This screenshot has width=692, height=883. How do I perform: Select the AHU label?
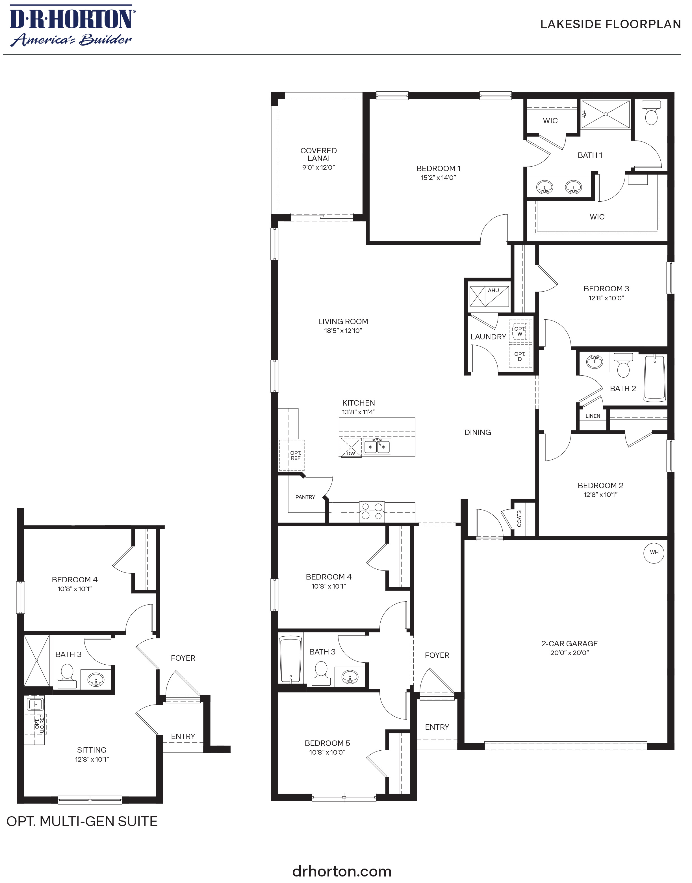point(493,290)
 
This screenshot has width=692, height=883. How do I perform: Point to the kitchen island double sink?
point(377,446)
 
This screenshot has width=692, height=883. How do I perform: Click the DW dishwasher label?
point(350,453)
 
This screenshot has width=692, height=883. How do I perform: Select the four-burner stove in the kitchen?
point(372,511)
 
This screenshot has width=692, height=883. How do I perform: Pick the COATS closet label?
point(519,518)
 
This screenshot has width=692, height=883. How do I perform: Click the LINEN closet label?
point(593,416)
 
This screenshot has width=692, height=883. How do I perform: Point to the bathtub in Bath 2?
point(654,379)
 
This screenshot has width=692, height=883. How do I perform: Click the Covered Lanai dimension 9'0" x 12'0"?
point(318,167)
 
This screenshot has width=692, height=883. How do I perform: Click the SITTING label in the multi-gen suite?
point(92,750)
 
